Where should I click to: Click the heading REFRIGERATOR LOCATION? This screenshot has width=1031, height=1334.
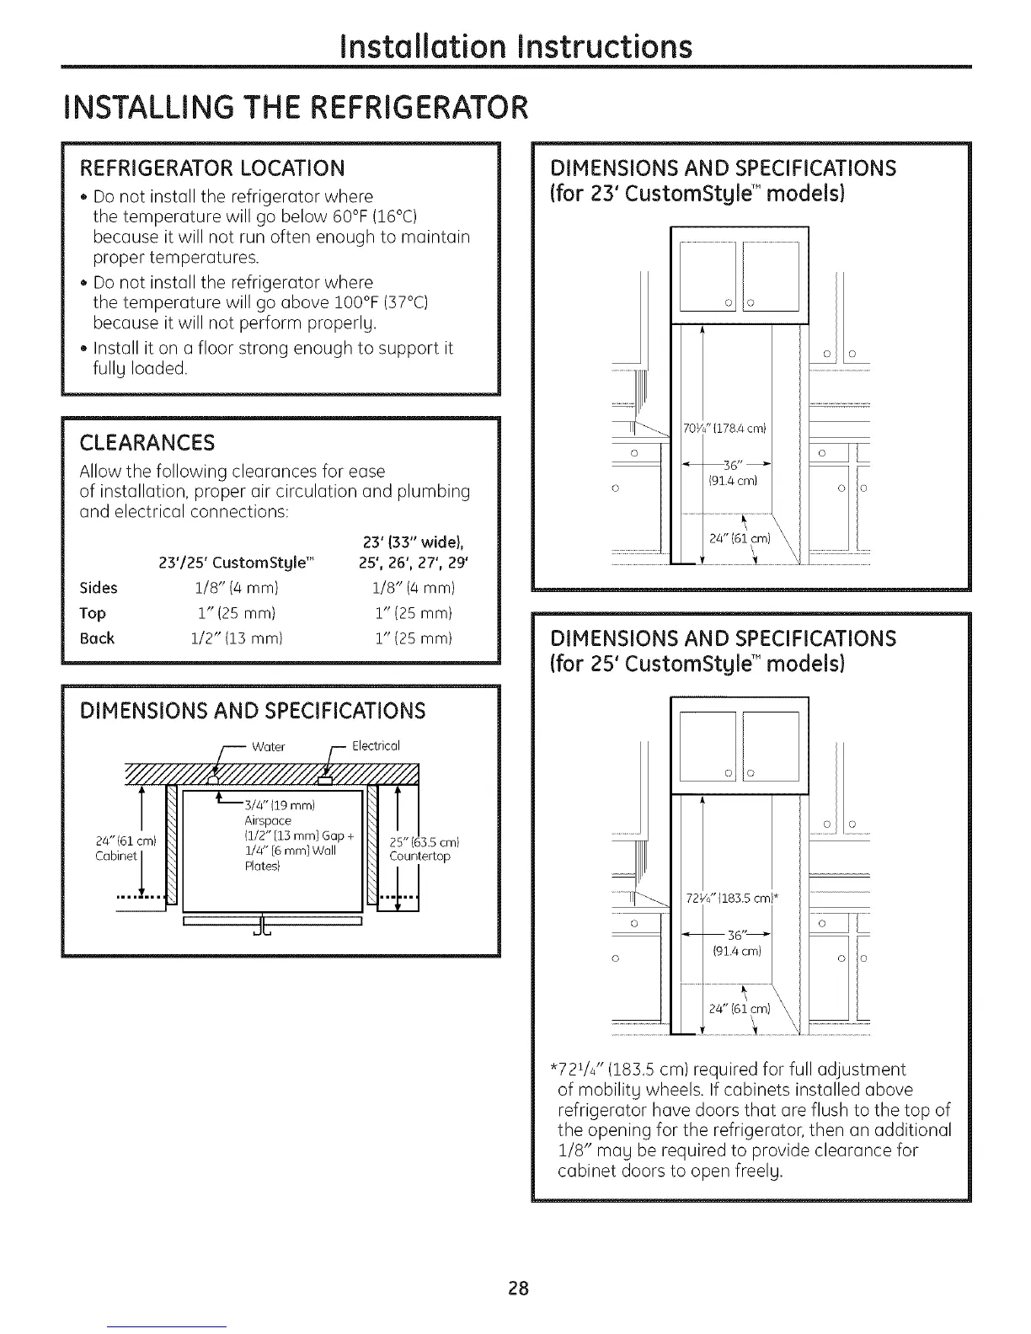coord(211,168)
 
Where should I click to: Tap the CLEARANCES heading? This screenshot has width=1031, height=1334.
coord(147,443)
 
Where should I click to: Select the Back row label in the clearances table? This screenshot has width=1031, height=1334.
coord(97,638)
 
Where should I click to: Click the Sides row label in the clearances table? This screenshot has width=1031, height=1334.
coord(99,588)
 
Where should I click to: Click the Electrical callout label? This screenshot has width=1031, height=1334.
coord(375,746)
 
